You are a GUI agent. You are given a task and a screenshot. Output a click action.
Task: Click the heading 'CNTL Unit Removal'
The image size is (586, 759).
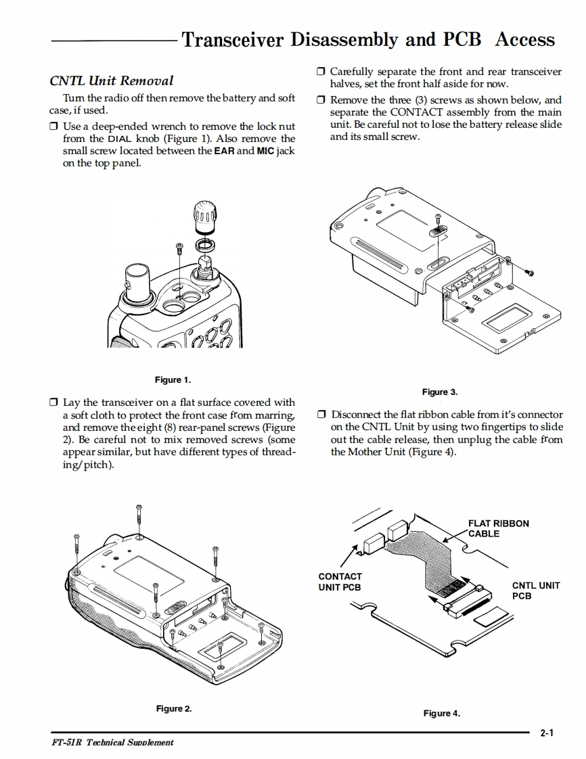(112, 80)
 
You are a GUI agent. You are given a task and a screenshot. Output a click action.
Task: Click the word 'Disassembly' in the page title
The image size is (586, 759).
(344, 39)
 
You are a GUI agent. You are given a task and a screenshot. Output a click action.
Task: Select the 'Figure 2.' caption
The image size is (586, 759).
(174, 708)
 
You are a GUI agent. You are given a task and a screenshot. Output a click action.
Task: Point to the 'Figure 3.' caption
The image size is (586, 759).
(440, 392)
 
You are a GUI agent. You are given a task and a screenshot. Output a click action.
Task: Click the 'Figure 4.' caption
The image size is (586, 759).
(442, 713)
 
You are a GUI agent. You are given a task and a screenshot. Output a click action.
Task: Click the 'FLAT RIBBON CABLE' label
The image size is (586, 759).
(498, 528)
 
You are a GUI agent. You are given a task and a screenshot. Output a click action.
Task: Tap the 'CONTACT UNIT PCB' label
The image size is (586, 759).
(340, 582)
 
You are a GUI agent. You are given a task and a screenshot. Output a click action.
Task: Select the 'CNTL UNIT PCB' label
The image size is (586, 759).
(536, 591)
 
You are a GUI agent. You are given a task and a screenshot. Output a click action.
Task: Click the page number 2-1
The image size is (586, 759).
(547, 733)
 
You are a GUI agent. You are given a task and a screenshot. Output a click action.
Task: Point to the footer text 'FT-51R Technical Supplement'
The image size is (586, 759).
(112, 742)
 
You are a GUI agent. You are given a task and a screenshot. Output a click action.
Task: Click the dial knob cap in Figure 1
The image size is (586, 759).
(206, 216)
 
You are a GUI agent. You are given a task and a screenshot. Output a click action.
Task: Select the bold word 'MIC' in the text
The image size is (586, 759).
(265, 151)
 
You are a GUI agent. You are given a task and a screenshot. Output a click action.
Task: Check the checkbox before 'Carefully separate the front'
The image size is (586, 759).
(321, 71)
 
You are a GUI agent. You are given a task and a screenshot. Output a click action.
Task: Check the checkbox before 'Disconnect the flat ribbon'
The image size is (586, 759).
(321, 414)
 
